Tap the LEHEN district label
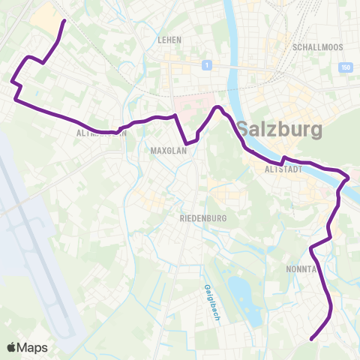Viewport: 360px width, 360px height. [170, 40]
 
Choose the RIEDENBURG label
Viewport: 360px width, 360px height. [198, 218]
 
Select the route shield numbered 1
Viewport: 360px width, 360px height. [205, 66]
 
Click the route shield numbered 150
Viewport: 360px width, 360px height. [346, 68]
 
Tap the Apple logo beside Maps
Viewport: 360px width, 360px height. [12, 346]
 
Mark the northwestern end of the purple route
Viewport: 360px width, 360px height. [62, 21]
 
